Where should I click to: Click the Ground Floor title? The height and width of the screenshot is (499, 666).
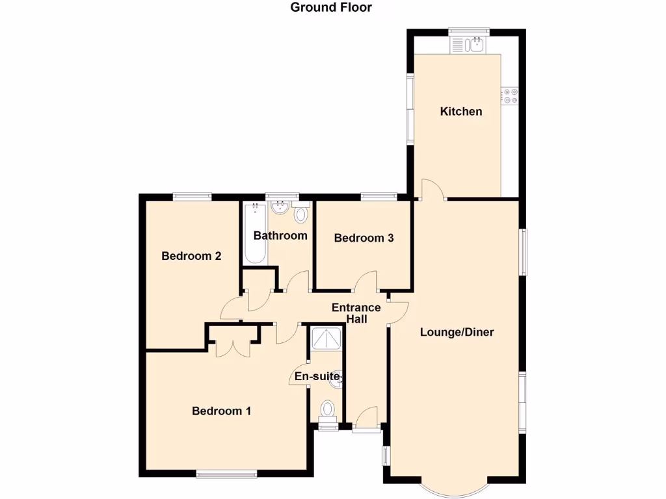coord(330,8)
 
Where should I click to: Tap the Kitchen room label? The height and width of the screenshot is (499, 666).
coord(461,111)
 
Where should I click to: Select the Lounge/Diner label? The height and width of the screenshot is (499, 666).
coord(457,332)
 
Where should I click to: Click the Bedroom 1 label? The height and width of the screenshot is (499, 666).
coord(221,411)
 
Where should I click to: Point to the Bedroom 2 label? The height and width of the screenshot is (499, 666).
coord(191,256)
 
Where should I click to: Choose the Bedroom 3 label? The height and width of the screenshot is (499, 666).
coord(364,238)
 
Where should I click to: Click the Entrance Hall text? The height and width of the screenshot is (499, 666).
coord(356,313)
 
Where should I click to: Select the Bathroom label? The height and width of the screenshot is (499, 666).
coord(280,235)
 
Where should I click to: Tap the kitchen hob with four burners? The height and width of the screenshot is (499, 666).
coord(510,96)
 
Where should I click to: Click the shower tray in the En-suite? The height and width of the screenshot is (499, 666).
coord(325,339)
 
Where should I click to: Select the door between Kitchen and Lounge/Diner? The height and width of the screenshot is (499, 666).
coord(433,189)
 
